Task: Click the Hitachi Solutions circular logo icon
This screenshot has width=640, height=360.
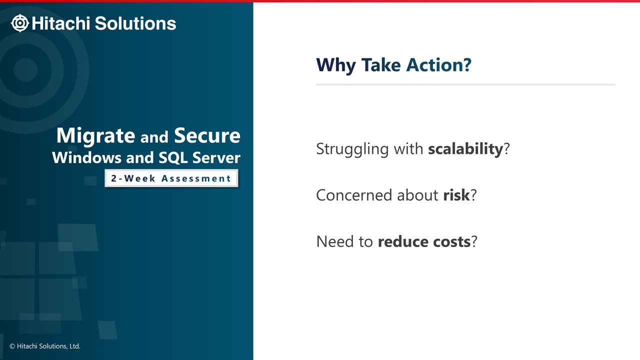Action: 20,23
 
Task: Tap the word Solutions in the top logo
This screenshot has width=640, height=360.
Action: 135,23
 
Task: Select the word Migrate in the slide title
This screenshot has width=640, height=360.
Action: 95,135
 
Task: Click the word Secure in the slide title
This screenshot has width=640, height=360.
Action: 207,135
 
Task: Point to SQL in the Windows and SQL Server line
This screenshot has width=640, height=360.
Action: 173,158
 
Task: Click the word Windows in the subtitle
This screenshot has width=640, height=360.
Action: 87,157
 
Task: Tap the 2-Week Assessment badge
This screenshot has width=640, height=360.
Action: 171,178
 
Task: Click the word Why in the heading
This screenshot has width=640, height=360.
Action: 336,65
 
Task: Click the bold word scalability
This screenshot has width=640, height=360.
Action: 465,149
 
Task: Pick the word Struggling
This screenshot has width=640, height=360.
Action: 352,149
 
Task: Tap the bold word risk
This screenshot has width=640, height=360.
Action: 456,195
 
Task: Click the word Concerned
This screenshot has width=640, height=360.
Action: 354,195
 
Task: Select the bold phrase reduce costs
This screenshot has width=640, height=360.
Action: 424,241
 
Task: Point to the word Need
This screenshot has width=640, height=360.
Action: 335,241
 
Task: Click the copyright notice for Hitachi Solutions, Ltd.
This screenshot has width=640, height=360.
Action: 45,346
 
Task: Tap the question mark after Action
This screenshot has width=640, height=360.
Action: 467,64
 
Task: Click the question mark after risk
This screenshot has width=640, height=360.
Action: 473,195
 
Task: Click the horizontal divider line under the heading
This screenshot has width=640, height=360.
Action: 465,84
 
